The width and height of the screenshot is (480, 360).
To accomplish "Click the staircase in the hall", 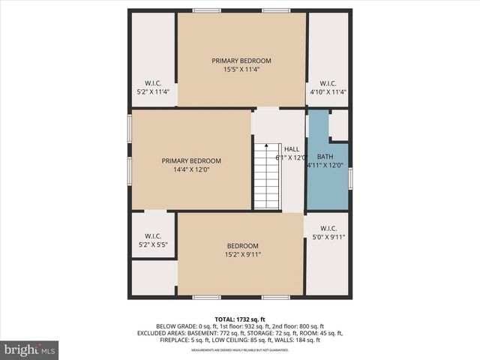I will coord(266,176).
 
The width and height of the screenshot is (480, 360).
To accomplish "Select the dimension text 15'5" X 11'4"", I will coord(241,70).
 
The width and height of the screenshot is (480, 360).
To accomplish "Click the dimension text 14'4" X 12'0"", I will coord(191,169).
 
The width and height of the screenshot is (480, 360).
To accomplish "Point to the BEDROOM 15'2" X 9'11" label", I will coord(242,250).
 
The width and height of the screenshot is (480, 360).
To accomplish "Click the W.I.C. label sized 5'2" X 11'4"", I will coord(153,88).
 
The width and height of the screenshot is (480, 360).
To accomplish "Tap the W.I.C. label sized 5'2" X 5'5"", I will coord(153,240).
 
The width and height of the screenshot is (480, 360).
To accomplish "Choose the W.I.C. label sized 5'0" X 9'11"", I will coord(328,232).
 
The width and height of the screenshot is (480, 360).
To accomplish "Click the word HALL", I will coord(292,148).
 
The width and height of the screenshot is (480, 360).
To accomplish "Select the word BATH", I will coord(325,157).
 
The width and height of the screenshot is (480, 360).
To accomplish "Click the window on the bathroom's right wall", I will coord(350,178).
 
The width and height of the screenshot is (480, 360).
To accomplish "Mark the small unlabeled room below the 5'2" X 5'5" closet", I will coord(154,277).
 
